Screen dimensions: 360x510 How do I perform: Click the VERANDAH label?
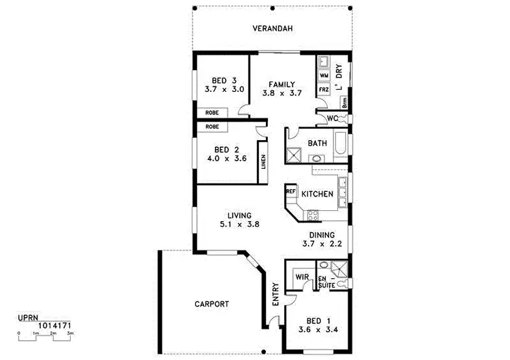tap(272, 29)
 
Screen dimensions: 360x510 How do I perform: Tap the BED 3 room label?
tap(220, 78)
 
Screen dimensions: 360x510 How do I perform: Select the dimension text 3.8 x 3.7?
tap(281, 94)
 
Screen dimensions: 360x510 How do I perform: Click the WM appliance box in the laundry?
tap(324, 75)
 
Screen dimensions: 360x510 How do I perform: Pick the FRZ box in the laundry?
tap(324, 89)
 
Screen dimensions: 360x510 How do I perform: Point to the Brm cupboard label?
tap(345, 103)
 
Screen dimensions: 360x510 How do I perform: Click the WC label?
tap(333, 118)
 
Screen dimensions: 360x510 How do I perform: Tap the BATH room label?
tap(317, 143)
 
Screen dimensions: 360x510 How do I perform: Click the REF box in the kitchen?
tap(290, 192)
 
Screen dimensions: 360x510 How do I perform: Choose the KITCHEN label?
tap(317, 194)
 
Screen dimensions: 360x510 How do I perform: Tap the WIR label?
tap(302, 278)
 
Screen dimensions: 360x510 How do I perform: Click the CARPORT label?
tap(211, 304)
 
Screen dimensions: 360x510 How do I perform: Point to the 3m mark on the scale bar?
tap(70, 333)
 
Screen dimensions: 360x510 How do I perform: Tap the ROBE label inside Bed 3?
tap(212, 112)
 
